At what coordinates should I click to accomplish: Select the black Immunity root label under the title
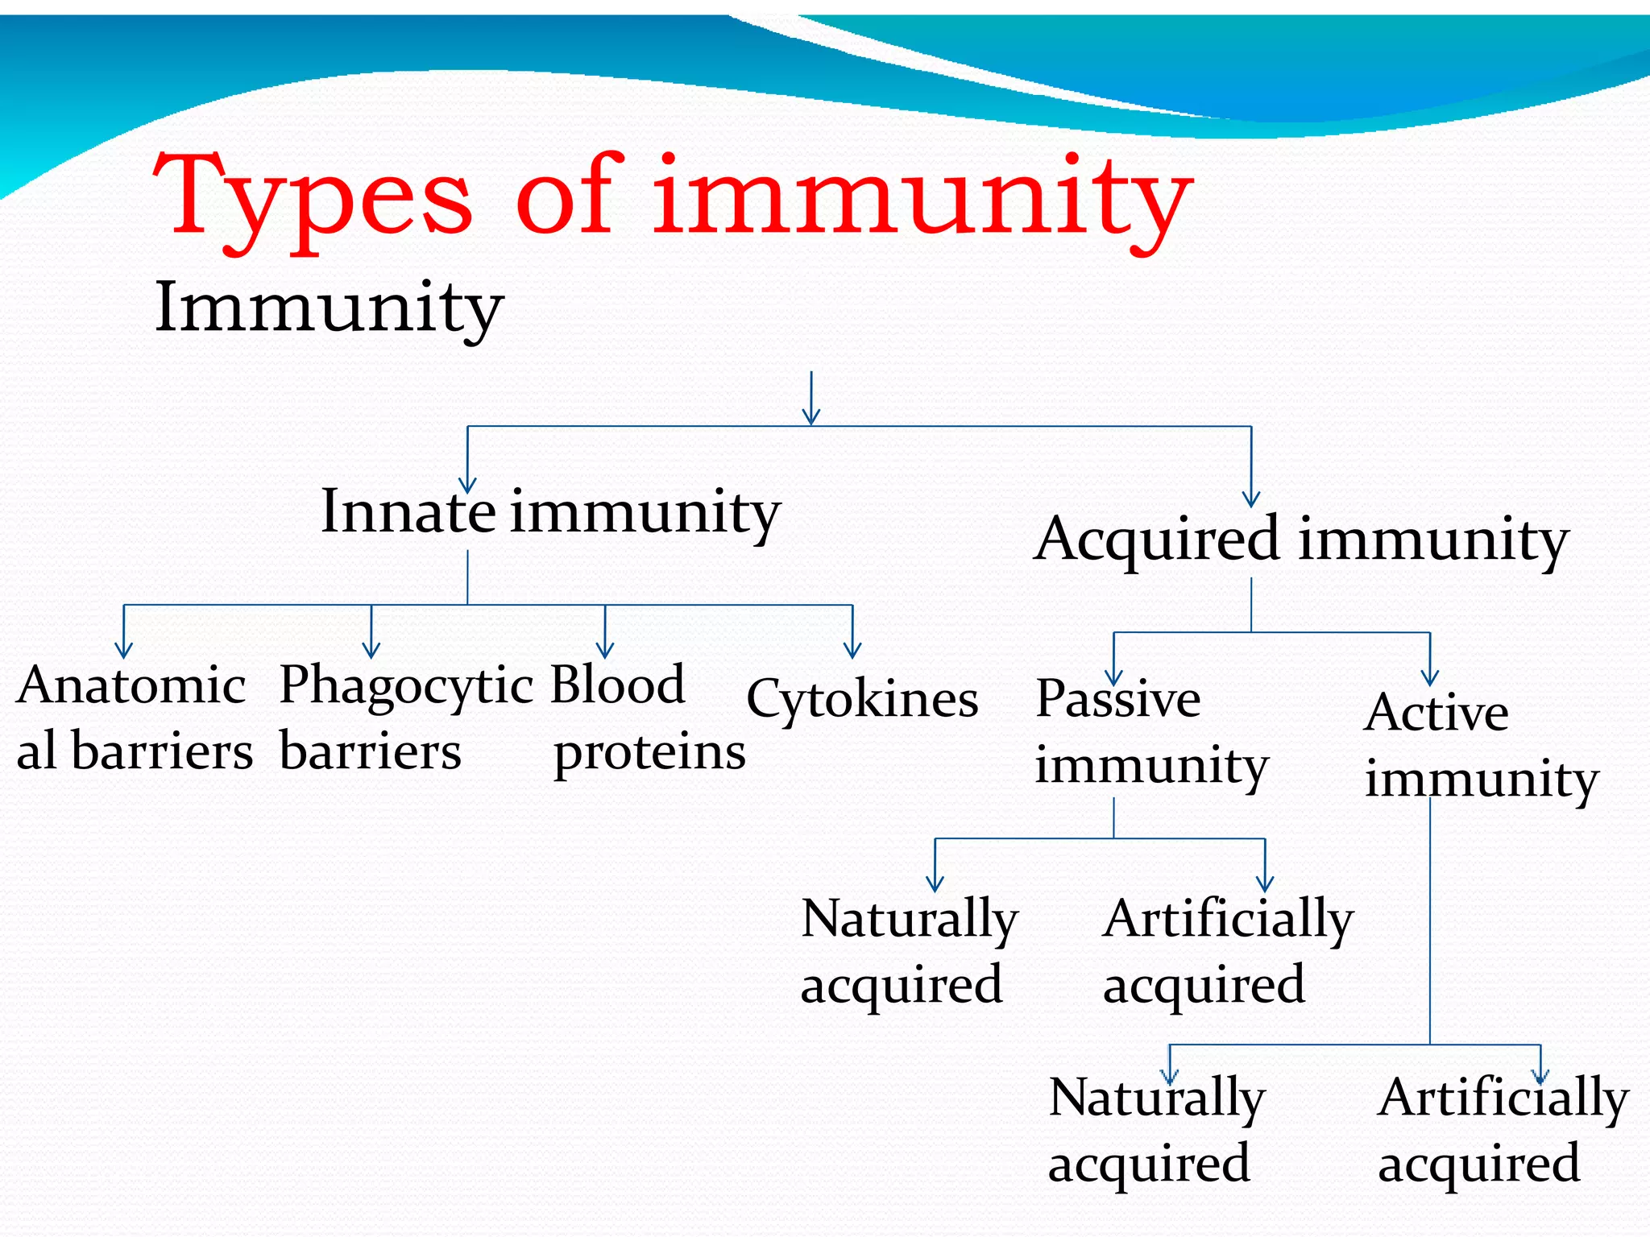pos(329,308)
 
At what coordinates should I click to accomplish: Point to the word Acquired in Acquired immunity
pos(1158,540)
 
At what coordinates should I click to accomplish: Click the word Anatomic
pos(131,686)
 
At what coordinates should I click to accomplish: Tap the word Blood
pos(617,685)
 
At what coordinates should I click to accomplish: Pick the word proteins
pos(649,754)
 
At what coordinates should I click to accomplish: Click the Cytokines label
pos(862,699)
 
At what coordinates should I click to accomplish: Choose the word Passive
pos(1117,699)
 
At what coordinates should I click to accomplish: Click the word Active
pos(1436,714)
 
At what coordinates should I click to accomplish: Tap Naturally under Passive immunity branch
pos(910,920)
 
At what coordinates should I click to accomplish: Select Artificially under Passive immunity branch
pos(1228,920)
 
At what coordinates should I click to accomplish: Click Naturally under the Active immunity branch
pos(1157,1098)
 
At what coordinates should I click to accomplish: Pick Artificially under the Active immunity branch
pos(1503,1098)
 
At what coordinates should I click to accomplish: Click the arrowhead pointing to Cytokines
pos(852,650)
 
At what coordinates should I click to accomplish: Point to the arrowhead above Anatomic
pos(123,650)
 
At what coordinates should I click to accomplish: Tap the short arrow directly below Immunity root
pos(811,399)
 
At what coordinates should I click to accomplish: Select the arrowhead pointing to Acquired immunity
pos(1251,499)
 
